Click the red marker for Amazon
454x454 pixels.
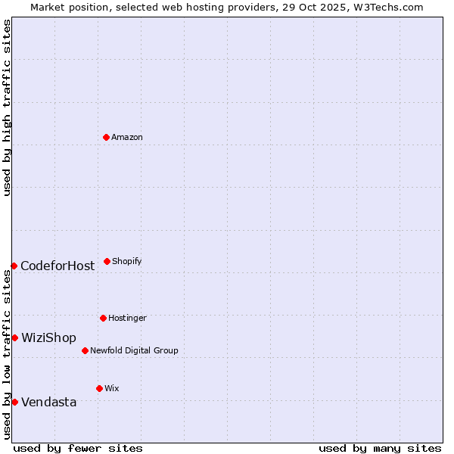[x=106, y=137]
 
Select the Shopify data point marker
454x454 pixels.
[x=107, y=261]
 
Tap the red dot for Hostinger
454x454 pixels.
[x=103, y=318]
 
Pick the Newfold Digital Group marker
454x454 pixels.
[x=85, y=350]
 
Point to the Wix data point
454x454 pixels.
[x=99, y=388]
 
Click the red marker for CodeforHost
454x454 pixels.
[x=14, y=266]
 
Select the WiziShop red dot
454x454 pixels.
[x=14, y=337]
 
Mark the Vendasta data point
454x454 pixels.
[x=14, y=402]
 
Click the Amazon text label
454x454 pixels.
[x=127, y=138]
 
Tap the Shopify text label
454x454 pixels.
[x=127, y=262]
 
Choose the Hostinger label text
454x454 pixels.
[x=127, y=319]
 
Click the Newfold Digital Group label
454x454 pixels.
[x=134, y=351]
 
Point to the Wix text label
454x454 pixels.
[x=112, y=389]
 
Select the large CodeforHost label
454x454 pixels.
[x=58, y=266]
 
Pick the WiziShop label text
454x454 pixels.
[x=48, y=338]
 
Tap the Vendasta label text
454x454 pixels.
[x=49, y=403]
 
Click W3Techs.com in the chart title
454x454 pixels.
[x=385, y=8]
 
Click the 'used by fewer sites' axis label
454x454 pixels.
[x=78, y=448]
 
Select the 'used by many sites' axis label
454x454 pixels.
[x=380, y=448]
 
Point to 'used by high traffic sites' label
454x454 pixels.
[x=7, y=107]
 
